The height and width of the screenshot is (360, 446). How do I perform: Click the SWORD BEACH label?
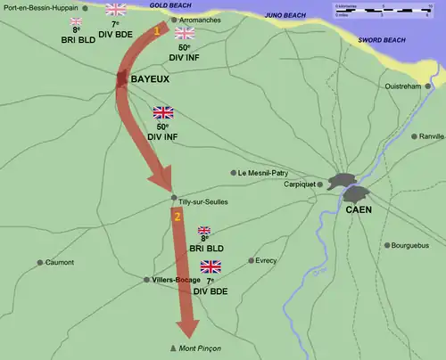click(382, 40)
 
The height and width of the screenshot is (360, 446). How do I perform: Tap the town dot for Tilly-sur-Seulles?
click(173, 195)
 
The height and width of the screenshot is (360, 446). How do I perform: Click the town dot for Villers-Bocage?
click(147, 279)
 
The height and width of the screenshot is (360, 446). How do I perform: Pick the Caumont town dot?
click(40, 262)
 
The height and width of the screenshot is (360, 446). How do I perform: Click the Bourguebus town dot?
click(386, 245)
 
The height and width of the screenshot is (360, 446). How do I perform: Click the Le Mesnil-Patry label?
click(266, 173)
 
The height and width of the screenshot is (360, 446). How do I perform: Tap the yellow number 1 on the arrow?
click(158, 30)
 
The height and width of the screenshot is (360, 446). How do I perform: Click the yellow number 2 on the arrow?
click(178, 217)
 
